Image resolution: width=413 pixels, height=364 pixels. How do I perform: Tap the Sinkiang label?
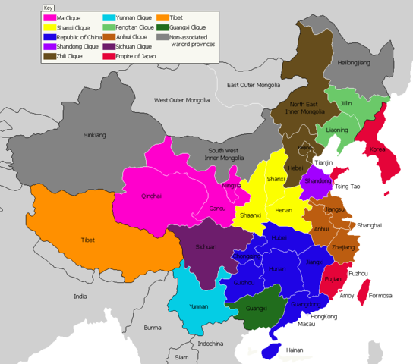click(x=95, y=135)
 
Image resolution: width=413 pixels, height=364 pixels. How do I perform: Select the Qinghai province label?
click(x=151, y=196)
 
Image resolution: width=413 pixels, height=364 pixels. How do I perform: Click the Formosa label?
click(x=380, y=295)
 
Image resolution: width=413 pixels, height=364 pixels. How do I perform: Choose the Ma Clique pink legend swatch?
click(x=49, y=17)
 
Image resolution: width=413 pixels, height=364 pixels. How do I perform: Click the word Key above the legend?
click(x=48, y=7)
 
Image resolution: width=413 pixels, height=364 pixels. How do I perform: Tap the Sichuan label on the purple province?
click(x=206, y=247)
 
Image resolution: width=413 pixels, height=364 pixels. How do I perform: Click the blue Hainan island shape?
click(x=270, y=350)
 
